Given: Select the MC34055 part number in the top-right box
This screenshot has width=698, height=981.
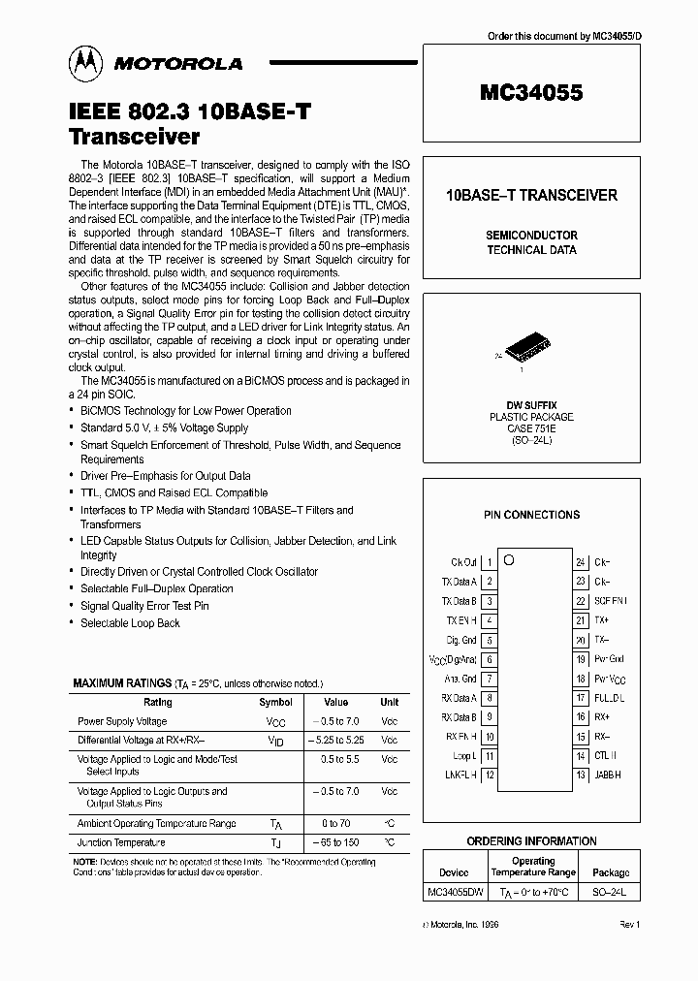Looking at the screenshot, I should [x=530, y=94].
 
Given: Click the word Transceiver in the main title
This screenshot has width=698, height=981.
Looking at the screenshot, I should [x=135, y=137].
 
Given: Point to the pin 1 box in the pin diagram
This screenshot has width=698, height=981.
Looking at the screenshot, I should [x=490, y=562].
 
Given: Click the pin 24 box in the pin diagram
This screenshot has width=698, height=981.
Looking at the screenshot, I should [x=580, y=562].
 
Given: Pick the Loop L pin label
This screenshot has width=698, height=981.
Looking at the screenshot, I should [x=464, y=755].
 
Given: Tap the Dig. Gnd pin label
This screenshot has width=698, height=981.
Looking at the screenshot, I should [x=461, y=640].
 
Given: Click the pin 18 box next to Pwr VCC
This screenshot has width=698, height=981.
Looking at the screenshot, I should [x=580, y=679].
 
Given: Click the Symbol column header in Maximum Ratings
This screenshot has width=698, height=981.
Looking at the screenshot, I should [x=275, y=702].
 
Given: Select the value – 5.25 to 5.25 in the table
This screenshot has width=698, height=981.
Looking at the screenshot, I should [x=335, y=740].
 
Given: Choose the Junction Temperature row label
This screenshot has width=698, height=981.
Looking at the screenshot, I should [x=121, y=842].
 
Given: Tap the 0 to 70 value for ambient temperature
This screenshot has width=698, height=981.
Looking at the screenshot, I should [x=335, y=822].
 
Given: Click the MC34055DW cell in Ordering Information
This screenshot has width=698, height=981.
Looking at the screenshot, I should [x=454, y=890].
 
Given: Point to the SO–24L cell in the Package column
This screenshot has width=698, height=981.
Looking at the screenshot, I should [x=611, y=890].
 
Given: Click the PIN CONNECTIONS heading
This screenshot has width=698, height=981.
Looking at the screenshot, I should [x=531, y=515].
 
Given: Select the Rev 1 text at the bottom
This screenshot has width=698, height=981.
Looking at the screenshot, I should [x=630, y=926].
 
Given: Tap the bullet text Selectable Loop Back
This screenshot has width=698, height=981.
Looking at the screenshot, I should [x=130, y=623].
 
